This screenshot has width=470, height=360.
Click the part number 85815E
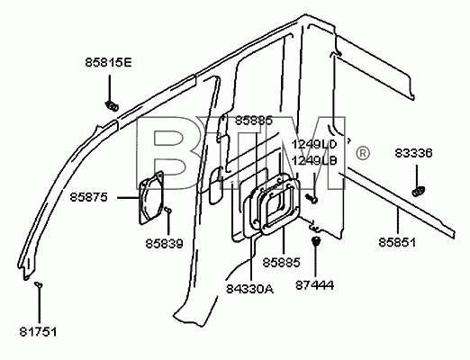[x=108, y=63]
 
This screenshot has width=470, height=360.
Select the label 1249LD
[x=314, y=144]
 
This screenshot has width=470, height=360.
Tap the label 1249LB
[x=314, y=161]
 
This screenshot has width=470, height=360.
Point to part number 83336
[x=413, y=153]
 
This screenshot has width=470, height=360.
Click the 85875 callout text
[x=88, y=197]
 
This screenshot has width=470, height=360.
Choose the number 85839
[x=164, y=244]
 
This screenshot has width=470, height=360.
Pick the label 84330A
[x=249, y=289]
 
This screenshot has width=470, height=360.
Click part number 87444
[x=314, y=284]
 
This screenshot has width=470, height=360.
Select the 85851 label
[x=397, y=242]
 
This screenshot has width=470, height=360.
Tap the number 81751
[x=38, y=332]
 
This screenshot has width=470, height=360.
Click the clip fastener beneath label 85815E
[x=112, y=106]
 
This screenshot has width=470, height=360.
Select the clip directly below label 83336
[x=419, y=191]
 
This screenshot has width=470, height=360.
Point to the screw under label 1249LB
[x=312, y=198]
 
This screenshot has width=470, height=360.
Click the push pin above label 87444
[x=315, y=240]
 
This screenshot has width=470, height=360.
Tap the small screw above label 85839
[x=168, y=210]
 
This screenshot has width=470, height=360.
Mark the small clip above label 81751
[x=39, y=284]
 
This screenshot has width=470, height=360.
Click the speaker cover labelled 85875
[x=151, y=198]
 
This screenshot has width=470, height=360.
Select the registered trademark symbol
[x=363, y=153]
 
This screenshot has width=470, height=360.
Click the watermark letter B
[x=169, y=153]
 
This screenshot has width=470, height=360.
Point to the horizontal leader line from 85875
[x=128, y=198]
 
